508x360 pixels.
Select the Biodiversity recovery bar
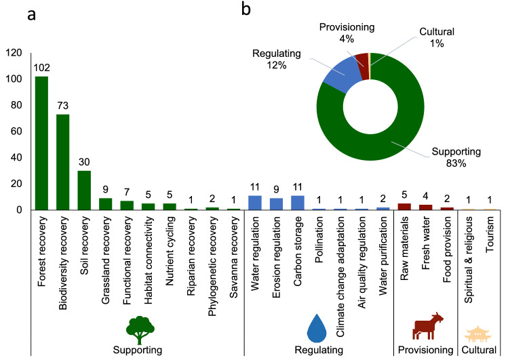(x=62, y=162)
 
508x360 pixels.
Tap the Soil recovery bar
(x=83, y=191)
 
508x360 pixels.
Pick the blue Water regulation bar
(x=255, y=203)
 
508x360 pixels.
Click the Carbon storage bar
(x=298, y=203)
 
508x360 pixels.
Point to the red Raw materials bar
(x=404, y=207)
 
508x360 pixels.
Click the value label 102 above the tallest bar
(x=41, y=69)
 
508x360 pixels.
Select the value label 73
(x=62, y=107)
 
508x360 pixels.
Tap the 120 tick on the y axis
(x=13, y=53)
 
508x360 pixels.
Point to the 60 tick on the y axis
(x=16, y=132)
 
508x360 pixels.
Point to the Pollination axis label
(x=319, y=241)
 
